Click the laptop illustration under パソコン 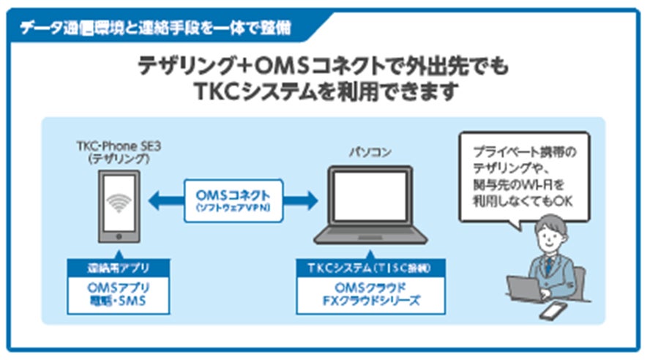(370, 206)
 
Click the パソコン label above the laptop (370, 151)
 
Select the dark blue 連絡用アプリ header (118, 268)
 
